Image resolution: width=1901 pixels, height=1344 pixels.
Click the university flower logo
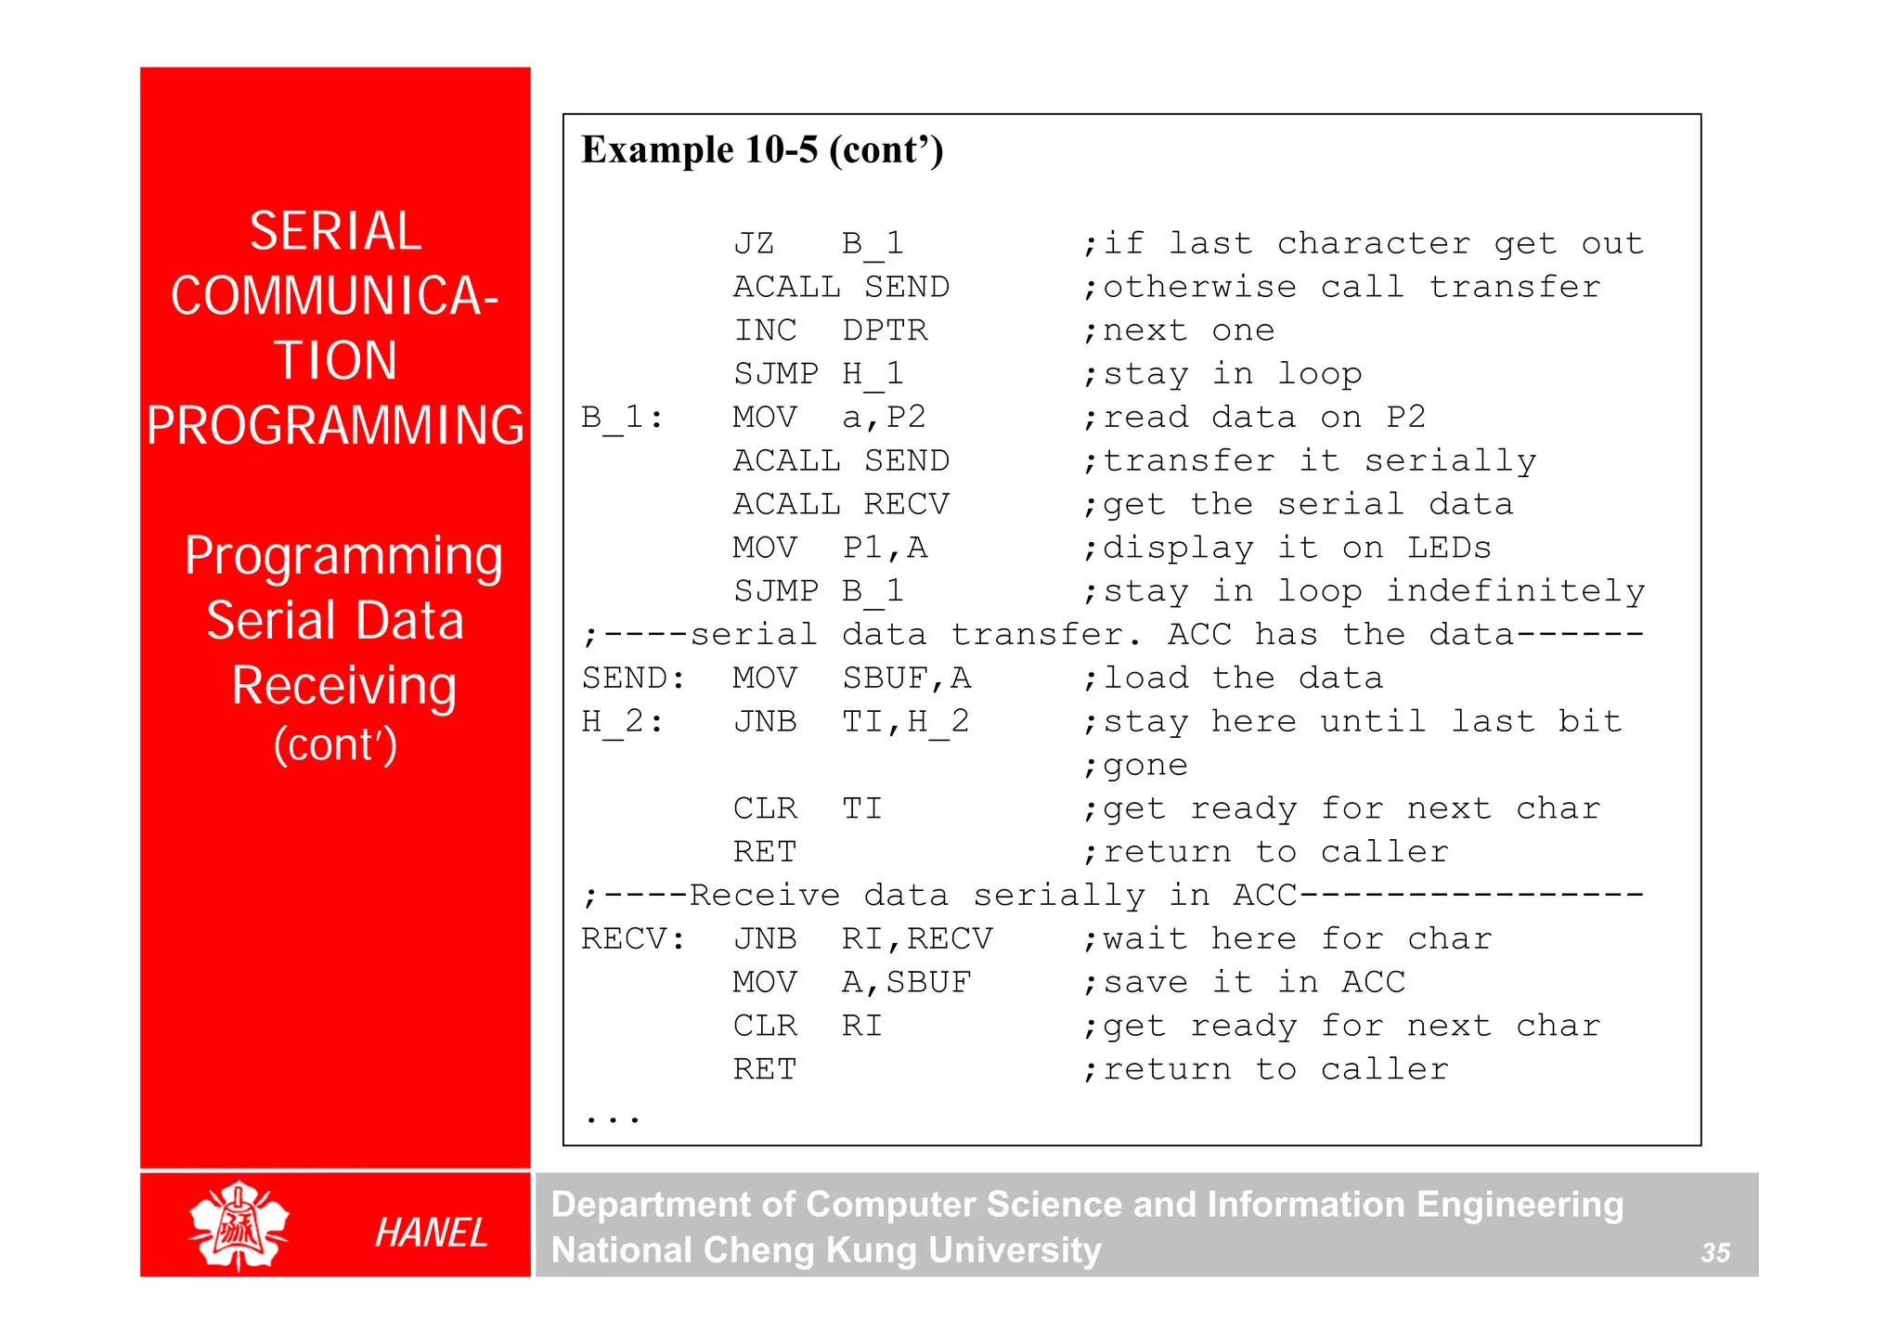(239, 1225)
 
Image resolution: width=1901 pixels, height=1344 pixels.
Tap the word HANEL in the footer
(431, 1233)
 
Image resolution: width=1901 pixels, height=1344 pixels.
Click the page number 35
(1714, 1252)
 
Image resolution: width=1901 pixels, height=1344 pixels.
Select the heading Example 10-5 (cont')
(762, 149)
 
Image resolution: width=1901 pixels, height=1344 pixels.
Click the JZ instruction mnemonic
(754, 243)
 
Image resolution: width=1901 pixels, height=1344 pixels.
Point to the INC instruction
(765, 330)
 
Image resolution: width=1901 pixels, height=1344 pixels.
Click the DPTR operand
(885, 330)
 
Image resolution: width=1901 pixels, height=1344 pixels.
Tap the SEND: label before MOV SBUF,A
(633, 678)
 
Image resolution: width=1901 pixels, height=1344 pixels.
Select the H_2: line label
(622, 721)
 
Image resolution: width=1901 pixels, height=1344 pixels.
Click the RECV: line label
(633, 939)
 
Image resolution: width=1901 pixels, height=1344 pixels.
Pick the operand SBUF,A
(906, 678)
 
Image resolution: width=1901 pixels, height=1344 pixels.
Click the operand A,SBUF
(906, 982)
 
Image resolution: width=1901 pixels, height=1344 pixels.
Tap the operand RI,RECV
(917, 939)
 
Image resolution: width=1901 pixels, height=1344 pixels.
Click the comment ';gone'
(1135, 766)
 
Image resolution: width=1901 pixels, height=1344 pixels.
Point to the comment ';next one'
(1179, 330)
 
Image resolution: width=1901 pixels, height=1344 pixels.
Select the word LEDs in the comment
(1449, 548)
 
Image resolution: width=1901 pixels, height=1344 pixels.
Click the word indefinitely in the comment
(1515, 591)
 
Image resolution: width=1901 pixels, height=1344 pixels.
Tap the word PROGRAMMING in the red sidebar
(335, 425)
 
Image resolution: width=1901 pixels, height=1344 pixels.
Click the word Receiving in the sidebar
(343, 685)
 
